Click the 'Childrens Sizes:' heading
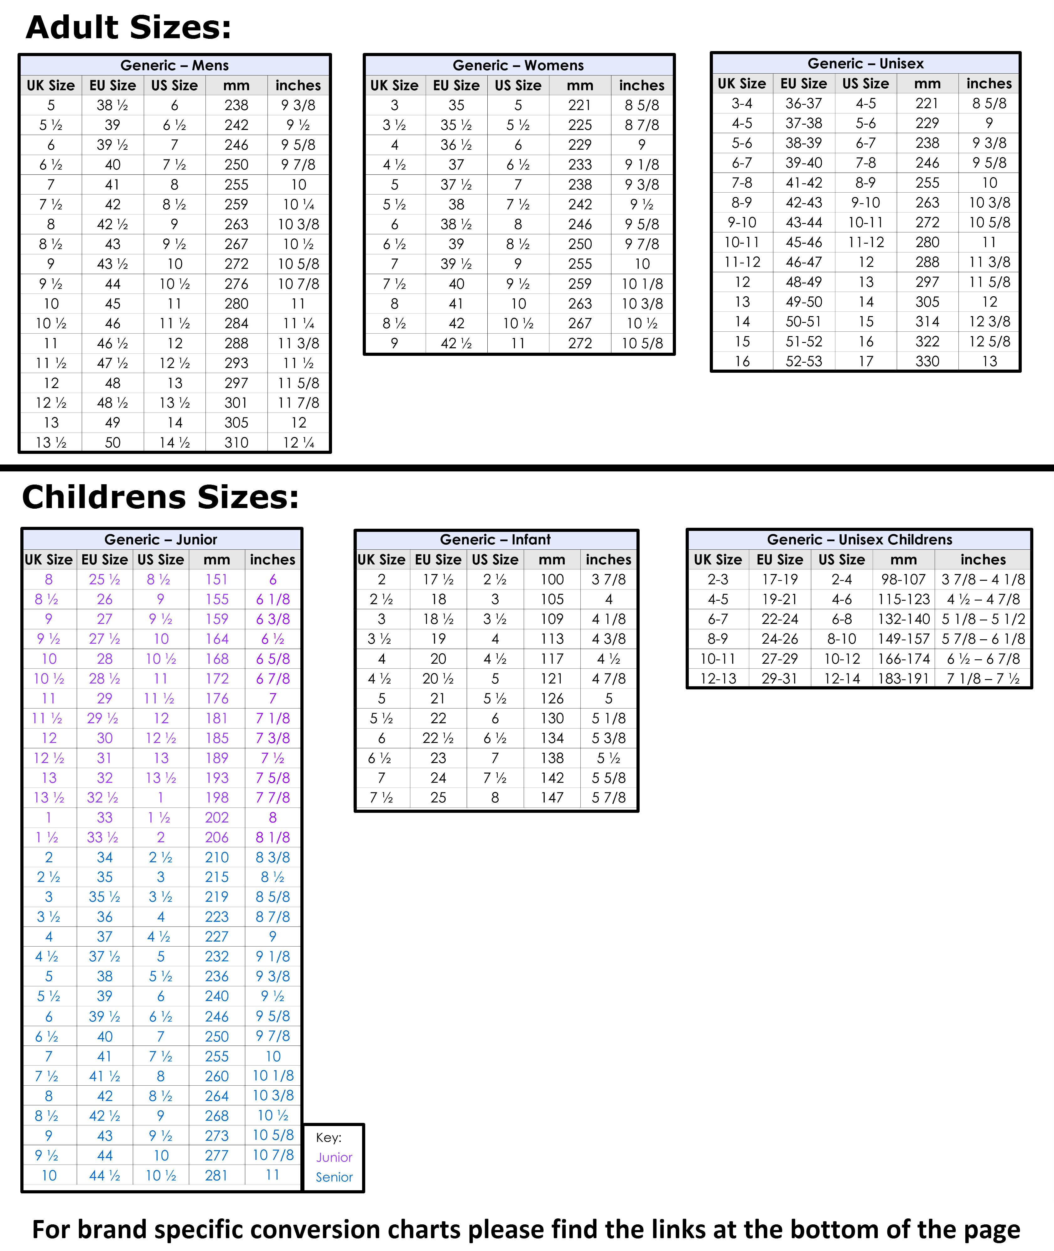pos(160,497)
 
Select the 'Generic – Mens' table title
pos(174,65)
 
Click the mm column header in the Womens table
pos(579,86)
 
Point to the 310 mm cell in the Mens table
pos(236,443)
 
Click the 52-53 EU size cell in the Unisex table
pos(804,361)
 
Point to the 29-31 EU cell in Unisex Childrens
pos(779,679)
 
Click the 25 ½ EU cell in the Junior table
pos(105,579)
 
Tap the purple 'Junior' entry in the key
pos(334,1157)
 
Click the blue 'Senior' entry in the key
pos(334,1177)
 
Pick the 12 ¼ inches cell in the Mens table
pos(298,443)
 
